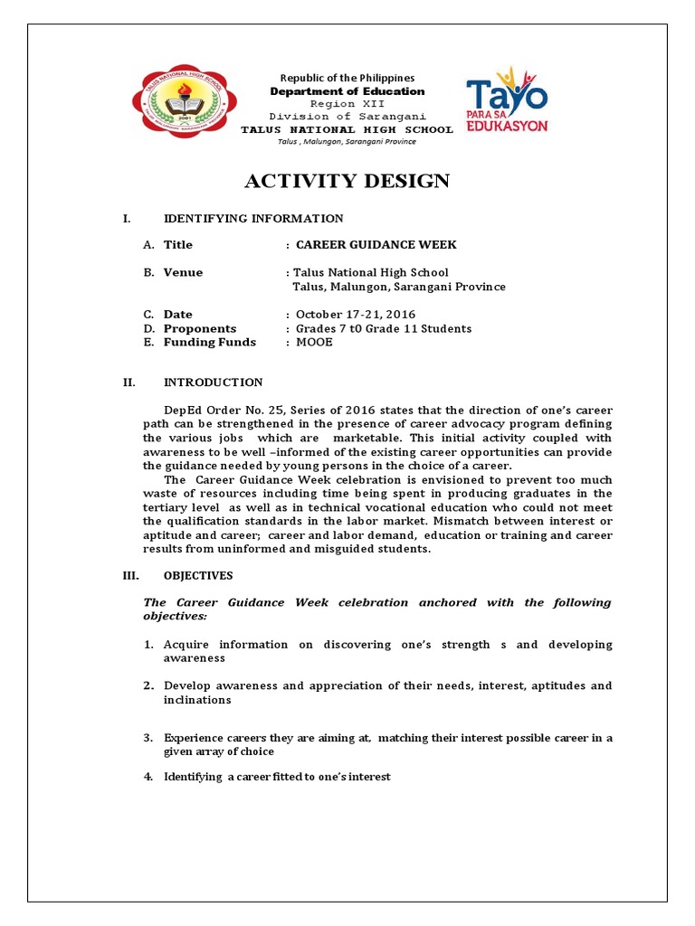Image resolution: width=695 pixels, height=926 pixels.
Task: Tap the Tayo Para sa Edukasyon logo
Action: pos(507,99)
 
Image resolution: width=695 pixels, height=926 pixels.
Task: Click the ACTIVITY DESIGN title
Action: pos(347,181)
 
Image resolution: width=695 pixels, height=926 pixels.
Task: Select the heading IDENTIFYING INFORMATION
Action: pos(252,218)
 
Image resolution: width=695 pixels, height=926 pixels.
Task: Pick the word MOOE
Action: pos(315,342)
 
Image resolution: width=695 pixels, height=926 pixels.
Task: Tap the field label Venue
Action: pos(183,272)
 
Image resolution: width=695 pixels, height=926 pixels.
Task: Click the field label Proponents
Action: pos(199,328)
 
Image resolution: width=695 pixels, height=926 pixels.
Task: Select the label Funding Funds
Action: pos(209,342)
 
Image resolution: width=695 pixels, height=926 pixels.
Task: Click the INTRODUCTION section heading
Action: pos(213,383)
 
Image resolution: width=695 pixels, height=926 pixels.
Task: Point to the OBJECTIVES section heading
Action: pos(198,575)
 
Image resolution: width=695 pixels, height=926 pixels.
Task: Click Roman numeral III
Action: pos(129,575)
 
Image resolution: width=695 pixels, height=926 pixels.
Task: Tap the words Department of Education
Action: pos(347,91)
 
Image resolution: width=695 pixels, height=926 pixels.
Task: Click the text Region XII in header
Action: pos(347,104)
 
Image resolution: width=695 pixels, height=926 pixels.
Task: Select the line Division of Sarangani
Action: pos(347,117)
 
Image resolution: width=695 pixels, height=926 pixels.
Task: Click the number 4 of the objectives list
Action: pos(148,777)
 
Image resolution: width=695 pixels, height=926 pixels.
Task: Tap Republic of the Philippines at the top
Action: pos(347,79)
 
